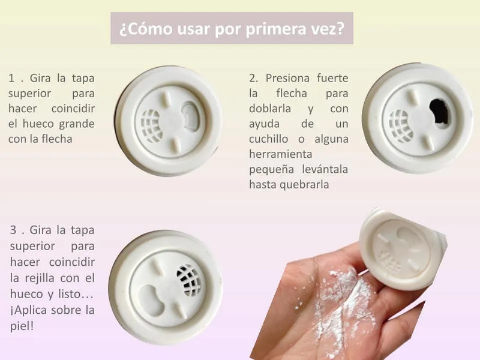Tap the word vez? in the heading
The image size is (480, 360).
click(x=329, y=29)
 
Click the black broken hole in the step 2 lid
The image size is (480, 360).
click(x=440, y=112)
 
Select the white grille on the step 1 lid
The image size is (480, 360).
click(x=151, y=126)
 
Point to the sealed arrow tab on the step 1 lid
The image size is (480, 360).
click(x=191, y=116)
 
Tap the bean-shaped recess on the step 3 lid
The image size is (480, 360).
click(x=152, y=300)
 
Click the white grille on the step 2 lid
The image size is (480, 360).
click(x=399, y=126)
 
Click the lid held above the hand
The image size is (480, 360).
click(x=403, y=250)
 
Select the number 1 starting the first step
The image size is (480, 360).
click(x=11, y=79)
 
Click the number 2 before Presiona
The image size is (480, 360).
click(x=253, y=78)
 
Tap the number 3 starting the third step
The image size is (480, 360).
click(x=13, y=230)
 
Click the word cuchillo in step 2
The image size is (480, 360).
click(x=268, y=139)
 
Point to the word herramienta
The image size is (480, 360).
click(x=280, y=154)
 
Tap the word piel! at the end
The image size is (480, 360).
click(x=22, y=326)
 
